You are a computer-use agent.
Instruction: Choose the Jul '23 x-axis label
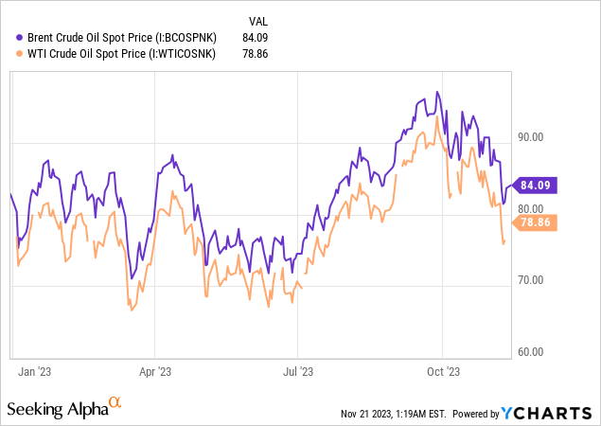298,372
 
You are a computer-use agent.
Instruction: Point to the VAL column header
256,20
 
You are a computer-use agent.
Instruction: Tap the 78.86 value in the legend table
256,55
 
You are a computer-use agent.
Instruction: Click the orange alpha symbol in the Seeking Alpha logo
115,402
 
